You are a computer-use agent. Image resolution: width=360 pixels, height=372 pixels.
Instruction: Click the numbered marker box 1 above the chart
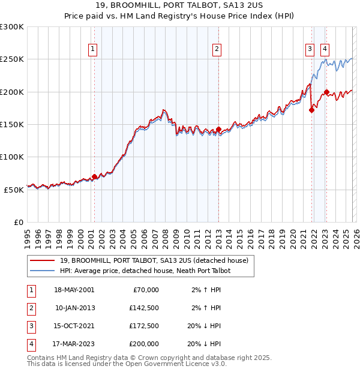point(94,50)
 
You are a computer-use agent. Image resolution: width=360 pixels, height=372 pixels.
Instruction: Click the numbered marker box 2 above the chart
point(217,50)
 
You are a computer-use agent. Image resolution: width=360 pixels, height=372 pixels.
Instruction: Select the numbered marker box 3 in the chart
point(310,50)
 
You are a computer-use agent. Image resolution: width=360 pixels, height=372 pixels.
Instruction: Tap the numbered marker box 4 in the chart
point(325,50)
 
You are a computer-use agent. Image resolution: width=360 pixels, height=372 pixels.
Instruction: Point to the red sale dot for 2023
point(326,92)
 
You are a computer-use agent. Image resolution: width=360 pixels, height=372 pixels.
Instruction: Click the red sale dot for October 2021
point(311,110)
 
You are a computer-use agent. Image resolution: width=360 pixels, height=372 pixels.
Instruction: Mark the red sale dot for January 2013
point(218,129)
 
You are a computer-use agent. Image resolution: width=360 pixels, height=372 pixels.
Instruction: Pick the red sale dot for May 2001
point(94,176)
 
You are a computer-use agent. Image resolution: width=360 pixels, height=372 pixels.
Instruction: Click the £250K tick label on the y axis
point(12,59)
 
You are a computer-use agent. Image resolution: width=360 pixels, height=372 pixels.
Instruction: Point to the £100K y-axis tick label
point(12,157)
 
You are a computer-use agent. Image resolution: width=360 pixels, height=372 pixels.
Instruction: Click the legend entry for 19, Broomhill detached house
point(158,260)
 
